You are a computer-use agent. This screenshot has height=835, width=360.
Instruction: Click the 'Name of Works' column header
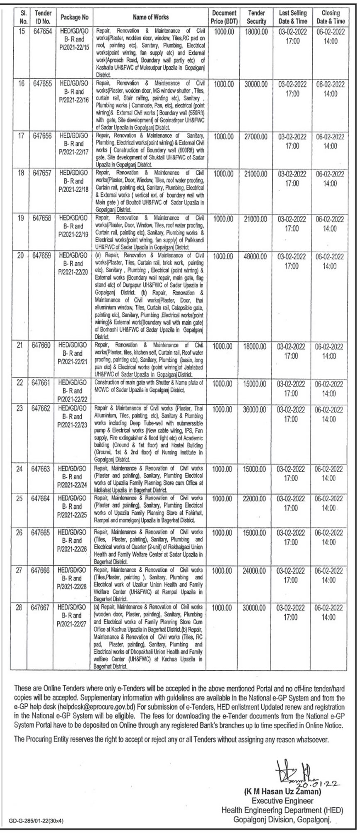pos(151,17)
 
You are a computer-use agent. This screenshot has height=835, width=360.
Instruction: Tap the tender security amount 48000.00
pos(257,257)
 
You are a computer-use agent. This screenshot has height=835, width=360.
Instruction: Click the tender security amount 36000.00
pos(257,410)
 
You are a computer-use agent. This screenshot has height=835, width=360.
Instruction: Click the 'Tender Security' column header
pos(257,17)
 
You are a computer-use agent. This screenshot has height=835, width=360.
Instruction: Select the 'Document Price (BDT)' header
pos(224,17)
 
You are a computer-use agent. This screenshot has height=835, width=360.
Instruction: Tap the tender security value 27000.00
pos(257,137)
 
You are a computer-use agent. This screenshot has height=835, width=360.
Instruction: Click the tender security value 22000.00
pos(257,499)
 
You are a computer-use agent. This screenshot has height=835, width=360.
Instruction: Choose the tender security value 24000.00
pos(257,571)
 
